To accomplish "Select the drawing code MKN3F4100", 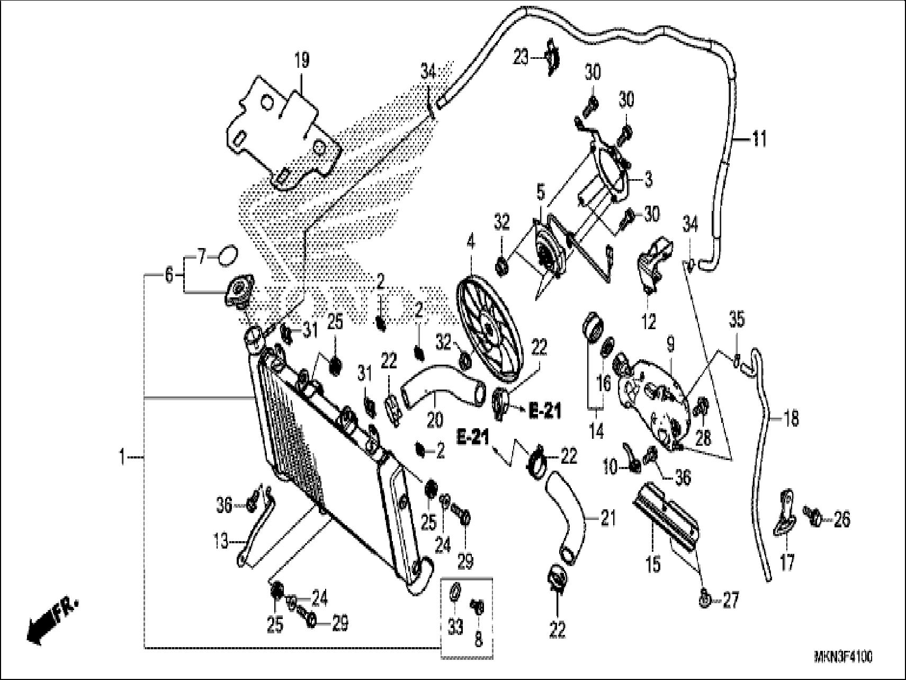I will (x=843, y=658).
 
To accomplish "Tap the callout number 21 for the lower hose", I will (x=608, y=518).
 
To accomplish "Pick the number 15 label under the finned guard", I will (x=653, y=564).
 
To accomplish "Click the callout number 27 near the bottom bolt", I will (x=730, y=602).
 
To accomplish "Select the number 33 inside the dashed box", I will (x=455, y=627).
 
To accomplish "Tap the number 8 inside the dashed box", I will (x=478, y=640).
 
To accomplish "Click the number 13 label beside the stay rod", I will (x=221, y=542).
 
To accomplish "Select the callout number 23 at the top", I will (x=521, y=57).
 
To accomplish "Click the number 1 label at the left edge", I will (x=122, y=456).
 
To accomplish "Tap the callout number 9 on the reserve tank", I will (x=670, y=346).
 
